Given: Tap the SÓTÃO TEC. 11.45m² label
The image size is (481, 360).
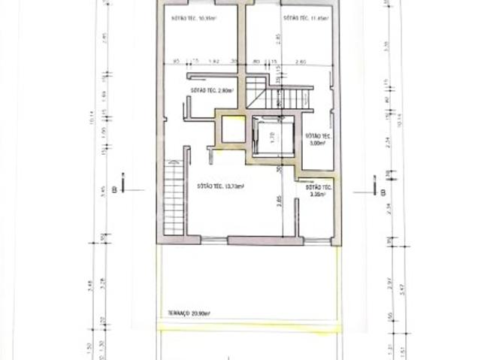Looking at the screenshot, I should coord(297,17).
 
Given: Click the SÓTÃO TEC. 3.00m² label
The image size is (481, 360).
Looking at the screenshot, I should coord(315,139).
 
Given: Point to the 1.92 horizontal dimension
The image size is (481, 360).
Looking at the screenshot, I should coord(212,61).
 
